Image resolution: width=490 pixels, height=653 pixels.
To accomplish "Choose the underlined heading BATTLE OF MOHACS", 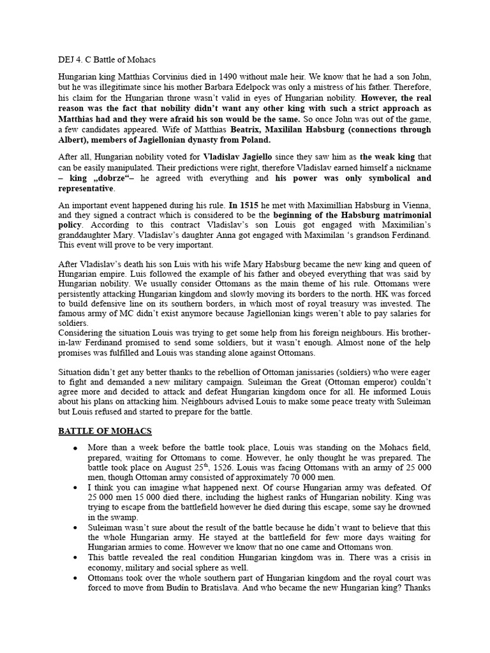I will [105, 431].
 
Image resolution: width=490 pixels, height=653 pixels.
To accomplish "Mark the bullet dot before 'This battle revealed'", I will [75, 557].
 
